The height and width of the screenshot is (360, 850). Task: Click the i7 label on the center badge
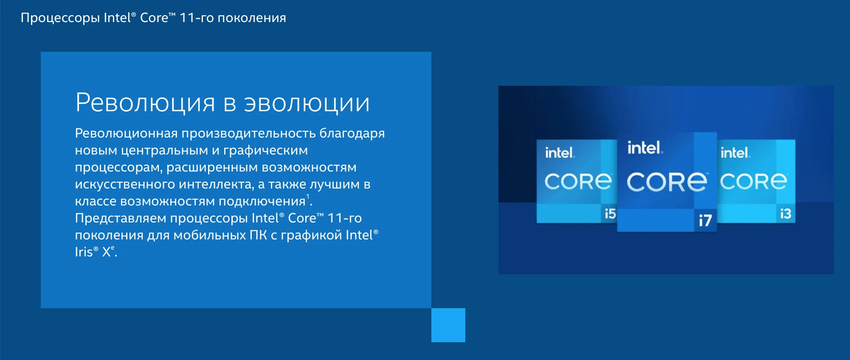(705, 220)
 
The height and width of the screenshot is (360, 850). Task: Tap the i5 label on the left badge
(610, 214)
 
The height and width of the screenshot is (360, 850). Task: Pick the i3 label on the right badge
(785, 214)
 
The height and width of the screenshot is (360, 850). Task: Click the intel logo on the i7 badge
(645, 148)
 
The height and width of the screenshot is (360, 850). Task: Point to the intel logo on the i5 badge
(560, 153)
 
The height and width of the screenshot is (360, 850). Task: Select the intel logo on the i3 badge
(735, 153)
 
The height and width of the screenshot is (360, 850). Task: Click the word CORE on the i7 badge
(667, 182)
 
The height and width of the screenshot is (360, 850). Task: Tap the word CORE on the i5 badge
(578, 182)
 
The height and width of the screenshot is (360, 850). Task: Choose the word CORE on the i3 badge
(753, 182)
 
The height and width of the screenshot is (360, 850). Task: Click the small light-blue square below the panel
(448, 325)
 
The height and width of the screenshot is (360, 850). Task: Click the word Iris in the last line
(84, 252)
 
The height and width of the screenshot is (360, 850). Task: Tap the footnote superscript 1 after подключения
(308, 196)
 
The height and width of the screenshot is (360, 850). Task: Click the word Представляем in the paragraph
(121, 218)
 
